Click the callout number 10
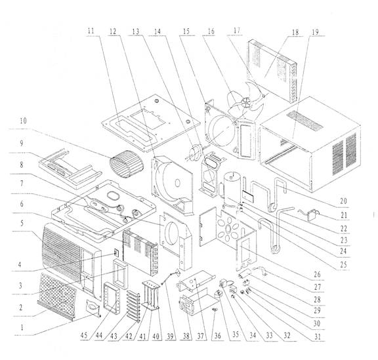(x=24, y=121)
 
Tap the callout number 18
(x=295, y=32)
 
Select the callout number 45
(x=84, y=336)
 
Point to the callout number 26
(x=317, y=274)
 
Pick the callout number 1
(x=22, y=328)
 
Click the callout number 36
(x=217, y=336)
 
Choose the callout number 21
(x=344, y=215)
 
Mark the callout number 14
(x=157, y=31)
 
